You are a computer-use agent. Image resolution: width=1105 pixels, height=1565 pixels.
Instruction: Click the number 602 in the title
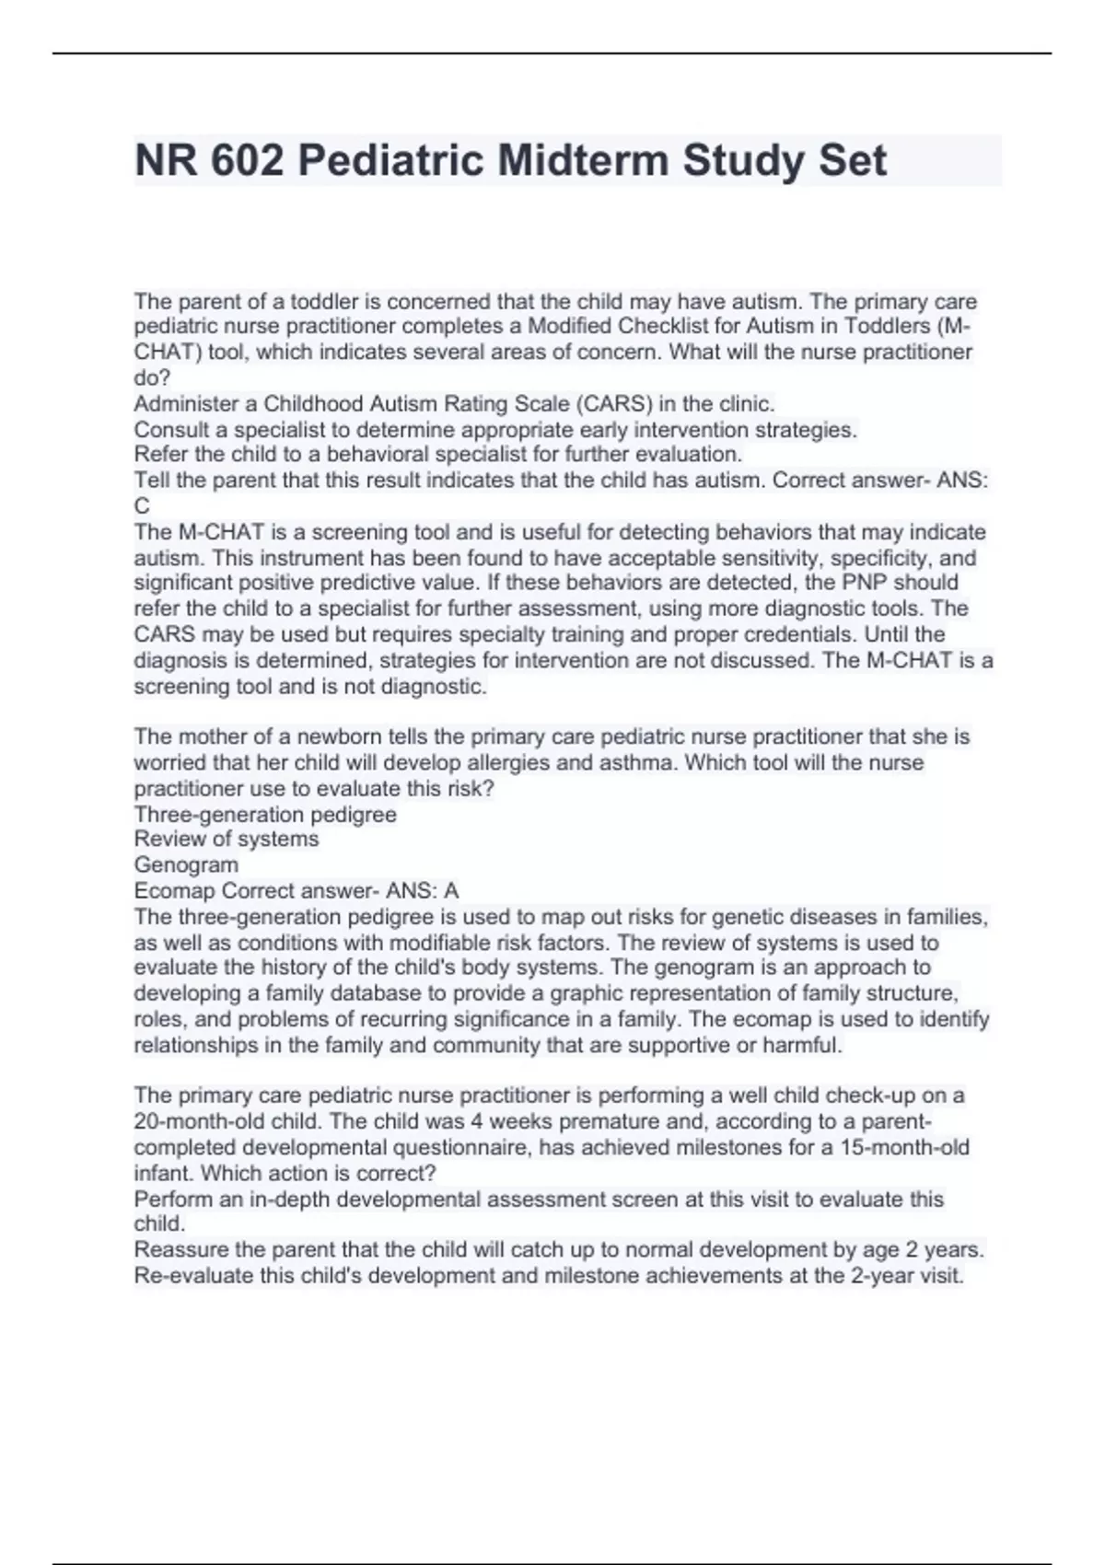247,161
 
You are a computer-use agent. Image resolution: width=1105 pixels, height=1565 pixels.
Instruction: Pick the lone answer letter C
142,505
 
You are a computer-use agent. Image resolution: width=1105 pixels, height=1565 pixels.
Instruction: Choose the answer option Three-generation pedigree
265,814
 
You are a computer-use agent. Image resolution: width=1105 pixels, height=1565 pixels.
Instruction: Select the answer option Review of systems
227,839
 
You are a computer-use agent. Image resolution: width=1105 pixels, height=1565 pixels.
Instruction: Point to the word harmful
807,1045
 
